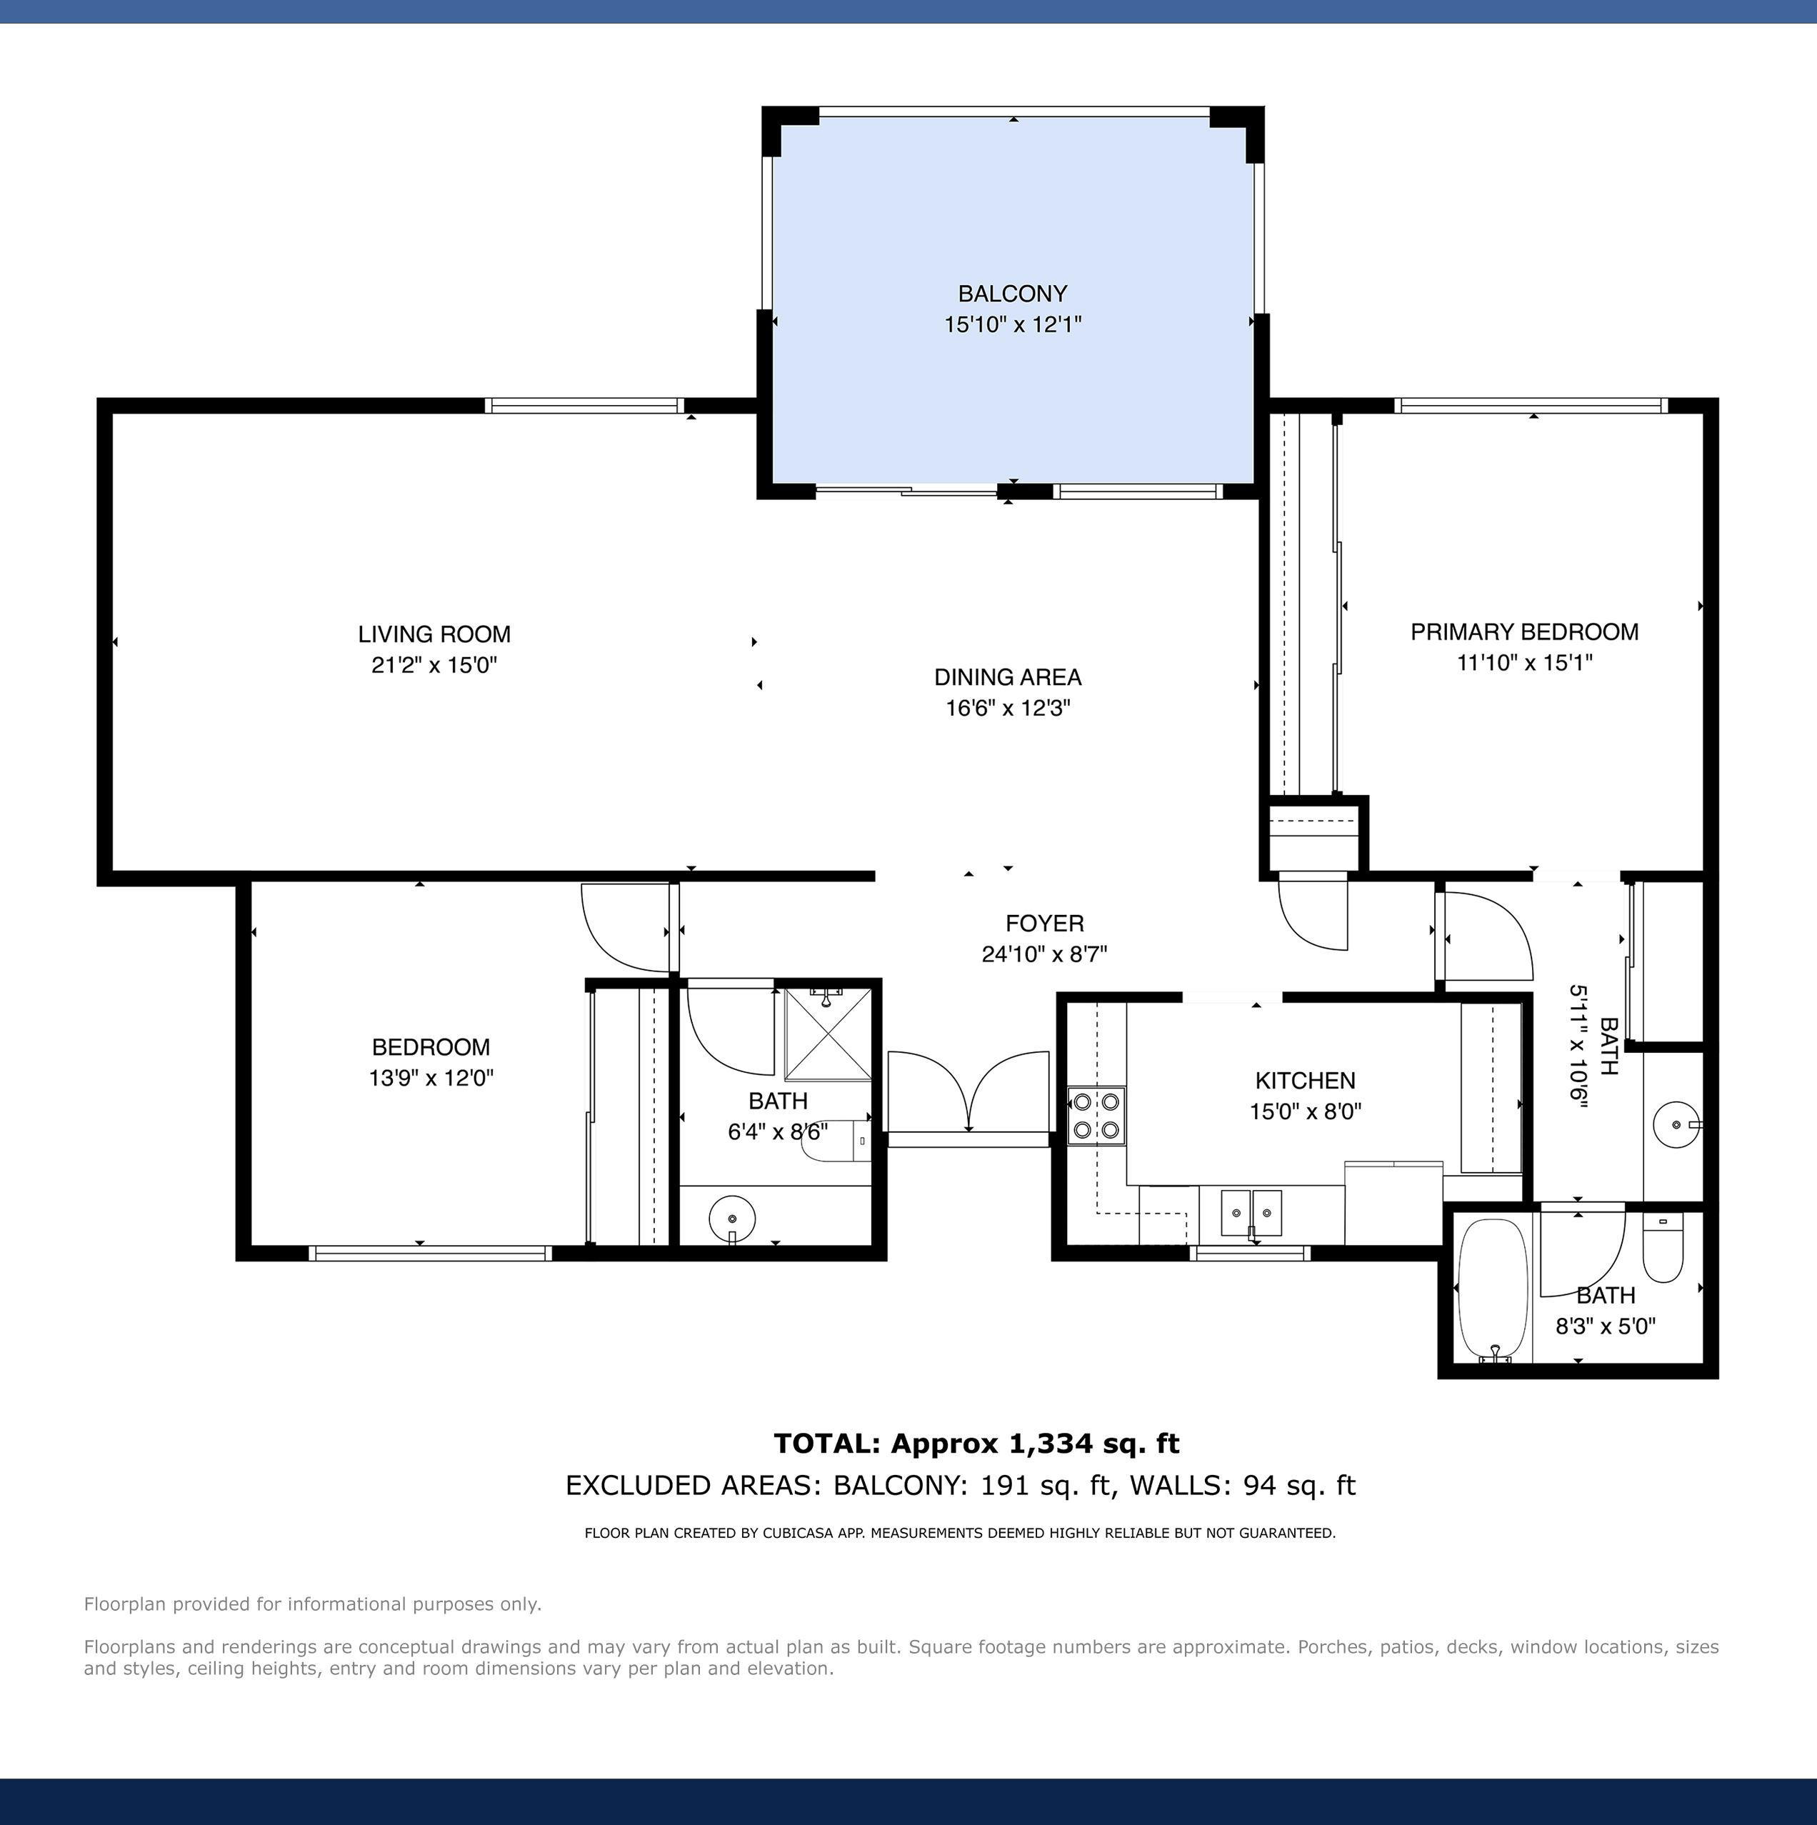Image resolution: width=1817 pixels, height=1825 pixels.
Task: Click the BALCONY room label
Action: pos(1012,294)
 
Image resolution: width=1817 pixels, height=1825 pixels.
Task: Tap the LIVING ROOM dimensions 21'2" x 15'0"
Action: pos(434,665)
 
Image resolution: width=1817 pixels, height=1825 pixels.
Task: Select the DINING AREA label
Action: pos(1008,677)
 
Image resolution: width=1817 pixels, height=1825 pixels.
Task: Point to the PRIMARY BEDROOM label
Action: pos(1524,632)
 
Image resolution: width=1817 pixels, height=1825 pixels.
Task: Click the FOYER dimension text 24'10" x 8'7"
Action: pos(1044,954)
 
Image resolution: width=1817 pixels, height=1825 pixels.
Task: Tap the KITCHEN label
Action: pos(1305,1081)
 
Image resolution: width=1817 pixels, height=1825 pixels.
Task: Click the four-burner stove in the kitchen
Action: pos(1096,1116)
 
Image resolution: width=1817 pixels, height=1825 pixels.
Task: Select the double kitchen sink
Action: pos(1251,1213)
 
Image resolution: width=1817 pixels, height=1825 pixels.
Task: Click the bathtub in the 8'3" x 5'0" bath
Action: pos(1493,1289)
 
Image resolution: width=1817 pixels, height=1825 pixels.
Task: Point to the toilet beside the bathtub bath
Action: pos(1663,1249)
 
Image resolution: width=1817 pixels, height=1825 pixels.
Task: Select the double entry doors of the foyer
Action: pos(970,1093)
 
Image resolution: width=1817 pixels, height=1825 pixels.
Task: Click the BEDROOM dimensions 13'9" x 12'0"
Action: pos(431,1078)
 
